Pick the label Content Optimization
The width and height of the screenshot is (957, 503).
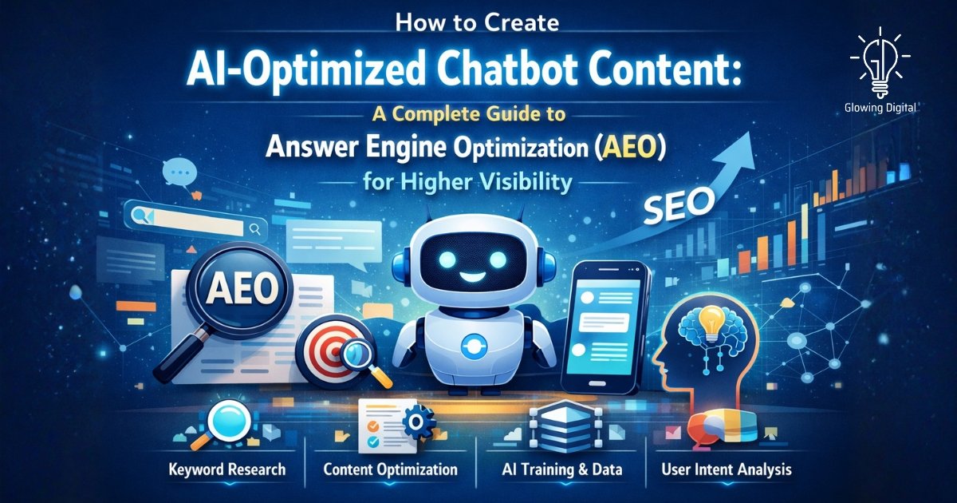(391, 469)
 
